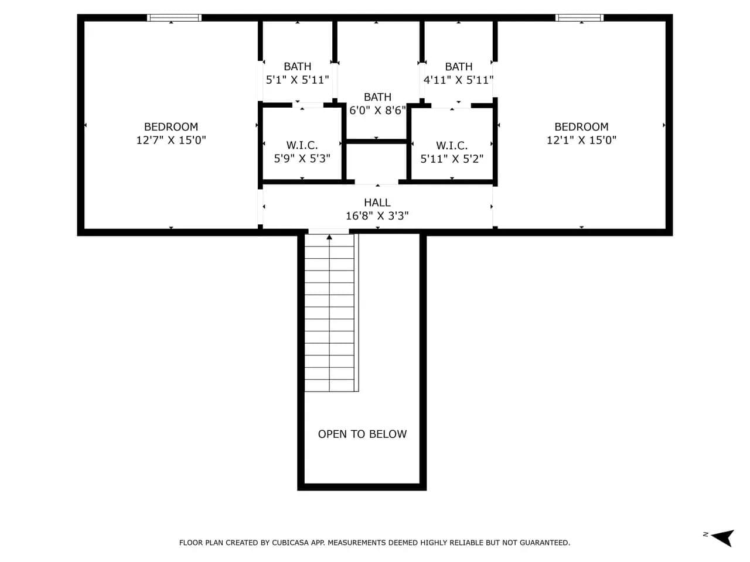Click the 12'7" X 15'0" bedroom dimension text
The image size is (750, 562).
(x=171, y=140)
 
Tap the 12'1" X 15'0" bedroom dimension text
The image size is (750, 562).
(x=581, y=140)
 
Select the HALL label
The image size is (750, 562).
(x=377, y=203)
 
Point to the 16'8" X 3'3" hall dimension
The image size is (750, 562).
(x=377, y=216)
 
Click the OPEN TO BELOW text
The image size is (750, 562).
(x=362, y=434)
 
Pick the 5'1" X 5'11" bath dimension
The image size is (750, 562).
(x=297, y=80)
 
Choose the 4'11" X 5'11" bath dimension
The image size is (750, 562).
(x=459, y=80)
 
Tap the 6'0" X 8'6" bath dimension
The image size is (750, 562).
(x=377, y=110)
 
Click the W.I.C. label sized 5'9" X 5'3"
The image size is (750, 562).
(x=302, y=145)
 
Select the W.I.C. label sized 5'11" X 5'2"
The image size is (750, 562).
(x=452, y=146)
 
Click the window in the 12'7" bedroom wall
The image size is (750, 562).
(x=174, y=18)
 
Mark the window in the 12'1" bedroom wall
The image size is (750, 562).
(x=579, y=18)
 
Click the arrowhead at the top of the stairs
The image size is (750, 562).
(x=329, y=237)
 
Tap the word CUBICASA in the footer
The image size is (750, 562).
(x=291, y=543)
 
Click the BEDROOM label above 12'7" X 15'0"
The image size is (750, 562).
(x=171, y=127)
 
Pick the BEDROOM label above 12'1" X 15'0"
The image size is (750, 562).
(x=581, y=127)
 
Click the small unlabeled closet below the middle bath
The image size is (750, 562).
(x=377, y=162)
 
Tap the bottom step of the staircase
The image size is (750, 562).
(x=329, y=385)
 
